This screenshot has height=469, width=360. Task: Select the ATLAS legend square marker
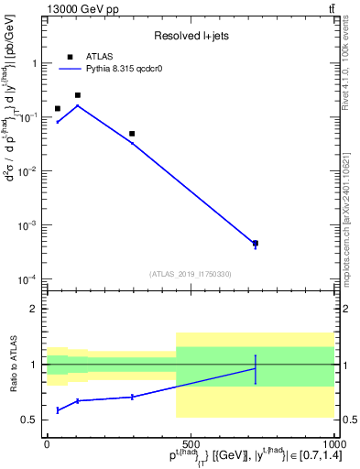click(70, 57)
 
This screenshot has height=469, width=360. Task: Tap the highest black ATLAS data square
click(78, 95)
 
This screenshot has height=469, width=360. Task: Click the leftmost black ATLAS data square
click(58, 108)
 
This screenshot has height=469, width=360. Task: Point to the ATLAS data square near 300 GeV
click(132, 134)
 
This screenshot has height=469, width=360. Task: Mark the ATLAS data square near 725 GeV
click(255, 244)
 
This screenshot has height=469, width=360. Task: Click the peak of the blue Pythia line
click(78, 105)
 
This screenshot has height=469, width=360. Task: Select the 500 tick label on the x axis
click(191, 443)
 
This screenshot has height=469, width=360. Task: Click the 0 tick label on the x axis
click(48, 443)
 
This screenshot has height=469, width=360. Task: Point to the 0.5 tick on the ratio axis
click(33, 420)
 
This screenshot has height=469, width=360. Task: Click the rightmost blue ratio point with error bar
click(255, 368)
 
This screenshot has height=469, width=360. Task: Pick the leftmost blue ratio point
click(58, 410)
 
